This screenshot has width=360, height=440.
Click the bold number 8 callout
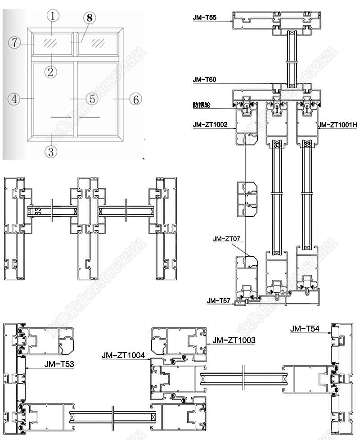click(x=90, y=18)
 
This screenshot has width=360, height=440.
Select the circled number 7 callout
click(x=14, y=43)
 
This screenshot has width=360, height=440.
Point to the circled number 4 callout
click(x=14, y=99)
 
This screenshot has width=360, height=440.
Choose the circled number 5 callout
click(x=91, y=99)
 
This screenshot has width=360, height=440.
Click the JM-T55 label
click(x=205, y=18)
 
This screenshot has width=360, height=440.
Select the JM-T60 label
click(x=205, y=80)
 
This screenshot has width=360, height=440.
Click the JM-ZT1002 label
click(x=210, y=125)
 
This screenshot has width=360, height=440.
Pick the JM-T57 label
click(x=218, y=300)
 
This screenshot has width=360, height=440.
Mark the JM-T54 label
click(x=305, y=329)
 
